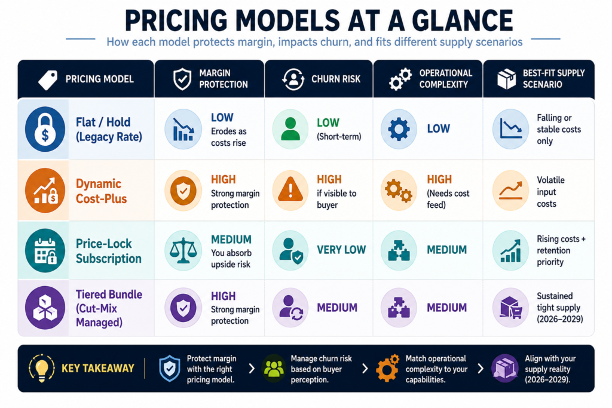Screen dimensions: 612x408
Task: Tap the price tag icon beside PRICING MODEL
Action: pyautogui.click(x=48, y=79)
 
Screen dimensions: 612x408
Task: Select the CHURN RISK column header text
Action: pyautogui.click(x=336, y=79)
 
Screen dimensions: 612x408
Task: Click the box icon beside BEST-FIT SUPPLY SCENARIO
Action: pyautogui.click(x=507, y=79)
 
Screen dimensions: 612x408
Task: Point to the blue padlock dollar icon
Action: pyautogui.click(x=45, y=129)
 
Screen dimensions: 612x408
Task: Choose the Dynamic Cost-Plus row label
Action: pyautogui.click(x=101, y=191)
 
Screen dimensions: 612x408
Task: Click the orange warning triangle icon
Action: pyautogui.click(x=290, y=190)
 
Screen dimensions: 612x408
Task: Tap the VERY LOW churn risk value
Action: pyautogui.click(x=341, y=250)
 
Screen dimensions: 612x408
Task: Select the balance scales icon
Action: pyautogui.click(x=183, y=250)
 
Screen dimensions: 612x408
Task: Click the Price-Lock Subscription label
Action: pyautogui.click(x=109, y=251)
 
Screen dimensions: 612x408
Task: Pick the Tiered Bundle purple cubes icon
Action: pyautogui.click(x=45, y=308)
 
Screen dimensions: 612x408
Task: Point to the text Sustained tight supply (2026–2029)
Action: pyautogui.click(x=559, y=308)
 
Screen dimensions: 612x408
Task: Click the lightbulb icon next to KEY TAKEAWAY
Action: pyautogui.click(x=42, y=368)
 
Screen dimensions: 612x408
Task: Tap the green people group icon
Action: pyautogui.click(x=274, y=368)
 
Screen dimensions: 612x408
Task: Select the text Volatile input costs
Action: pyautogui.click(x=550, y=192)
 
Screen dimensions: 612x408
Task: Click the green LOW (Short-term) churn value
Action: pyautogui.click(x=339, y=129)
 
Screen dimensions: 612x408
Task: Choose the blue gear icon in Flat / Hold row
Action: pyautogui.click(x=399, y=129)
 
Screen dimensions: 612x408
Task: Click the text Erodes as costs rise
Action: pyautogui.click(x=229, y=137)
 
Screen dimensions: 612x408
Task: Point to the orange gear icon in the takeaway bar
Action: pyautogui.click(x=387, y=368)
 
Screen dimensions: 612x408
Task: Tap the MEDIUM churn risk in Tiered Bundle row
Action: pyautogui.click(x=337, y=308)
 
